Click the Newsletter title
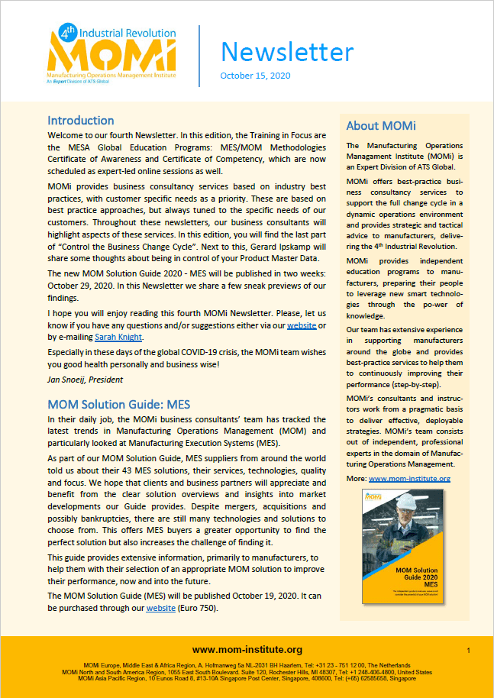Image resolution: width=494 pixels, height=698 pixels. pyautogui.click(x=287, y=51)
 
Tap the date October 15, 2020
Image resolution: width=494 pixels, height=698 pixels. pyautogui.click(x=256, y=76)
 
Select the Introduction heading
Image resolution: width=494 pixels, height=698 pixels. pyautogui.click(x=81, y=121)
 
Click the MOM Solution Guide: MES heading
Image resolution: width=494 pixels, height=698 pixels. pyautogui.click(x=118, y=403)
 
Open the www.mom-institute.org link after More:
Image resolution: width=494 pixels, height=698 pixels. pyautogui.click(x=409, y=479)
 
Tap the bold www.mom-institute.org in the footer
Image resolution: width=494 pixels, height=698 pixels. pyautogui.click(x=247, y=650)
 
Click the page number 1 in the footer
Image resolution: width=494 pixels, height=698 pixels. pyautogui.click(x=468, y=650)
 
